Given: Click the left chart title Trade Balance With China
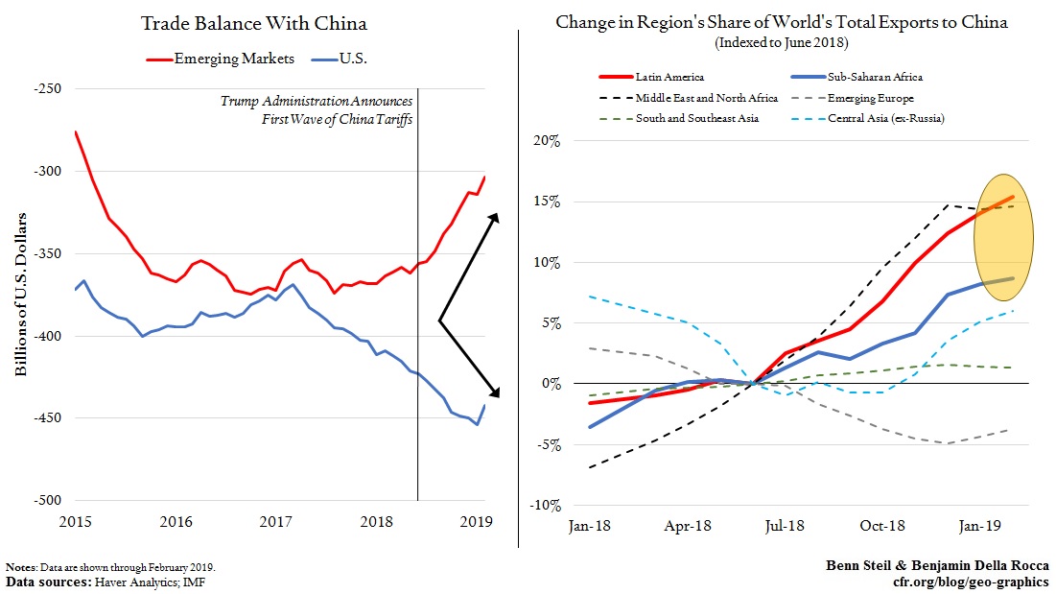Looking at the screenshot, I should point(254,23).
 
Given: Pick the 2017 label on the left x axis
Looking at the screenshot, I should point(276,522).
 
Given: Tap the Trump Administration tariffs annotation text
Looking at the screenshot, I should point(317,109).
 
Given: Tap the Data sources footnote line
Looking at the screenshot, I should point(106,582).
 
